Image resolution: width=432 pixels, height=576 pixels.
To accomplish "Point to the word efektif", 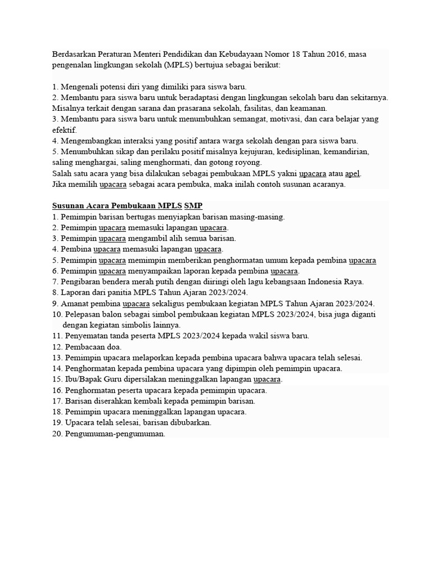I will [65, 130].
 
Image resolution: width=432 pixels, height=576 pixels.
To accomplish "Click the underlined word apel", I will [352, 173].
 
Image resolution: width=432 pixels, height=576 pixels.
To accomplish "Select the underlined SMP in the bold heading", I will [193, 206].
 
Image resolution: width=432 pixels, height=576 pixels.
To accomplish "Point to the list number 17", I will [56, 401].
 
